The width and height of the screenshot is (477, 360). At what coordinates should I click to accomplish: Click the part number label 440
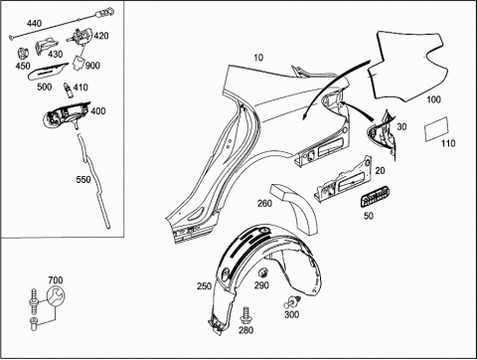point(34,24)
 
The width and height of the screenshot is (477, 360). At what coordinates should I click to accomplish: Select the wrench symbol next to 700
point(55,296)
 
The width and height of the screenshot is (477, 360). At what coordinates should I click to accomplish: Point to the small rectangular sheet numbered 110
point(435,129)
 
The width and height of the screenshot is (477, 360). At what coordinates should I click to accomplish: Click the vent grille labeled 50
point(375,197)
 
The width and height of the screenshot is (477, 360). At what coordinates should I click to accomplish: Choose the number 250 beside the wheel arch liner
point(204,285)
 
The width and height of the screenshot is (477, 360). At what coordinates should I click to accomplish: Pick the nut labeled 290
point(263,273)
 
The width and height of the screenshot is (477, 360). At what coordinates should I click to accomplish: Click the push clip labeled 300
point(292,302)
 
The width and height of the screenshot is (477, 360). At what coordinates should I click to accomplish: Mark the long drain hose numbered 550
point(93,181)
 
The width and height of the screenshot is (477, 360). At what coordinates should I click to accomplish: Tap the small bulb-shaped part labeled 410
point(68,90)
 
